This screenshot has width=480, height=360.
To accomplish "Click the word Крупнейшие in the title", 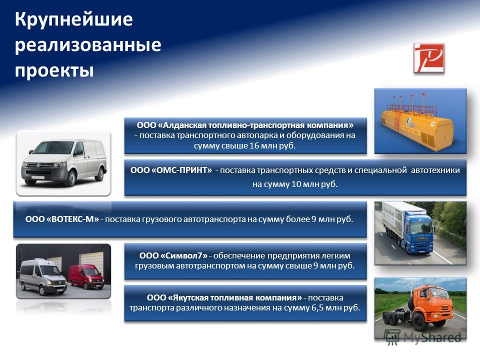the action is tap(74, 19).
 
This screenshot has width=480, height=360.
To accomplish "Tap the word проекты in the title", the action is tap(54, 70).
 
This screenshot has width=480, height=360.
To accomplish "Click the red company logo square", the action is tap(428, 58).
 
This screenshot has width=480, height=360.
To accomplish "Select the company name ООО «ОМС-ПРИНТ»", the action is tap(171, 170).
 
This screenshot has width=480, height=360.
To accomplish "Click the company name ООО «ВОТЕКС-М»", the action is tap(62, 219).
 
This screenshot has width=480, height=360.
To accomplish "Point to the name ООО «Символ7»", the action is tap(173, 255).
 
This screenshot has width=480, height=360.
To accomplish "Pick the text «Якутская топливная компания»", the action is tap(235, 297).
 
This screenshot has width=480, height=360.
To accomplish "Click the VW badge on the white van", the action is tap(38, 165).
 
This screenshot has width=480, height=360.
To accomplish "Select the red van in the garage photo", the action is tap(86, 276).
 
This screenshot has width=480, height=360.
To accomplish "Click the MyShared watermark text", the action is tap(432, 337).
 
